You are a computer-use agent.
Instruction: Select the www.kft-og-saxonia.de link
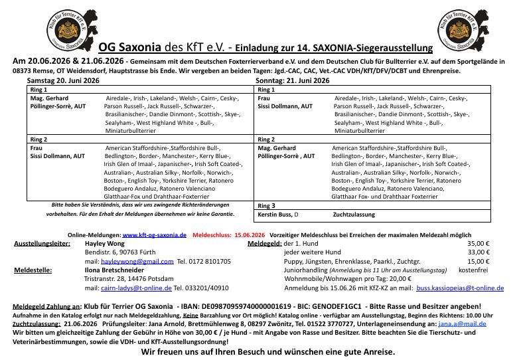pyautogui.click(x=155, y=235)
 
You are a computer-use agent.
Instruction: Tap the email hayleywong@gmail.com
pyautogui.click(x=137, y=262)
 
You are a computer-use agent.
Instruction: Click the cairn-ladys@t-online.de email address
pyautogui.click(x=136, y=288)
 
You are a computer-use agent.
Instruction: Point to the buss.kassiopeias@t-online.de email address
pyautogui.click(x=459, y=288)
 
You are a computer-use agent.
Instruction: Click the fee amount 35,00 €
pyautogui.click(x=478, y=244)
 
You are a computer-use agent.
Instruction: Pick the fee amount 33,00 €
pyautogui.click(x=478, y=252)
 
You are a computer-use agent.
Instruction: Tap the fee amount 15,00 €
pyautogui.click(x=478, y=262)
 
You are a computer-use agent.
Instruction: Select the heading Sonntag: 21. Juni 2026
pyautogui.click(x=292, y=80)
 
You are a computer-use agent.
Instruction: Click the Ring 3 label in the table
pyautogui.click(x=265, y=206)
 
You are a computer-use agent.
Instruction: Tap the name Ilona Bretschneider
pyautogui.click(x=114, y=270)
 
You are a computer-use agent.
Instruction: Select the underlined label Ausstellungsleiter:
pyautogui.click(x=42, y=244)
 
